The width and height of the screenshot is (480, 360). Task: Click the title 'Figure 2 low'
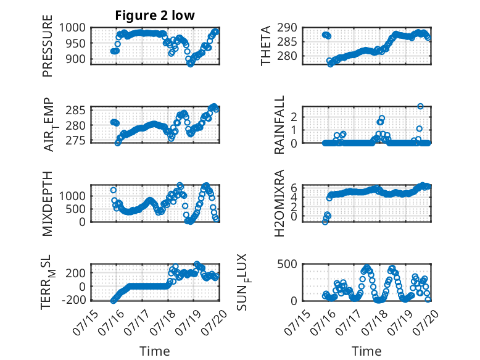pyautogui.click(x=155, y=15)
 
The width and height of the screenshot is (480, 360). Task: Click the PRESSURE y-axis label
pyautogui.click(x=48, y=46)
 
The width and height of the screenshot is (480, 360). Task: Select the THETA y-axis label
pyautogui.click(x=266, y=46)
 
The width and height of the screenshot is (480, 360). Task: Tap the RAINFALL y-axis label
pyautogui.click(x=279, y=125)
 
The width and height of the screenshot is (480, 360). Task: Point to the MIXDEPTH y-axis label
pyautogui.click(x=48, y=204)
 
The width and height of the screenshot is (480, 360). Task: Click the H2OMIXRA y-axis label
pyautogui.click(x=279, y=203)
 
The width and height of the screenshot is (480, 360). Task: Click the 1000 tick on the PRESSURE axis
pyautogui.click(x=72, y=28)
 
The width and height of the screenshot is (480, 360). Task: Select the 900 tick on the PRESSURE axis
pyautogui.click(x=76, y=59)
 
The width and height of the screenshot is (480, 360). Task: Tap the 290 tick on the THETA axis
pyautogui.click(x=288, y=28)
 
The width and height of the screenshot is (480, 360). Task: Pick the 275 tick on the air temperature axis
pyautogui.click(x=76, y=141)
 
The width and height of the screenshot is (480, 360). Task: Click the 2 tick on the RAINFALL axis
pyautogui.click(x=294, y=117)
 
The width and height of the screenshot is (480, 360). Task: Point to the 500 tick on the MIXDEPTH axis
pyautogui.click(x=76, y=209)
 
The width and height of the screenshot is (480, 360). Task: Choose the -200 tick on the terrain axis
pyautogui.click(x=74, y=299)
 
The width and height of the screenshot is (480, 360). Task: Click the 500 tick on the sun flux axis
pyautogui.click(x=288, y=264)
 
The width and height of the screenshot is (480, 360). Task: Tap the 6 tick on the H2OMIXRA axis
pyautogui.click(x=294, y=188)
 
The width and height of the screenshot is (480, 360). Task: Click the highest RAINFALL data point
pyautogui.click(x=420, y=106)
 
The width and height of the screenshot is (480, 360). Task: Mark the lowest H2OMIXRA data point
pyautogui.click(x=325, y=222)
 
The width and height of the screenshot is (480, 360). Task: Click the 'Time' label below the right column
pyautogui.click(x=366, y=351)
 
